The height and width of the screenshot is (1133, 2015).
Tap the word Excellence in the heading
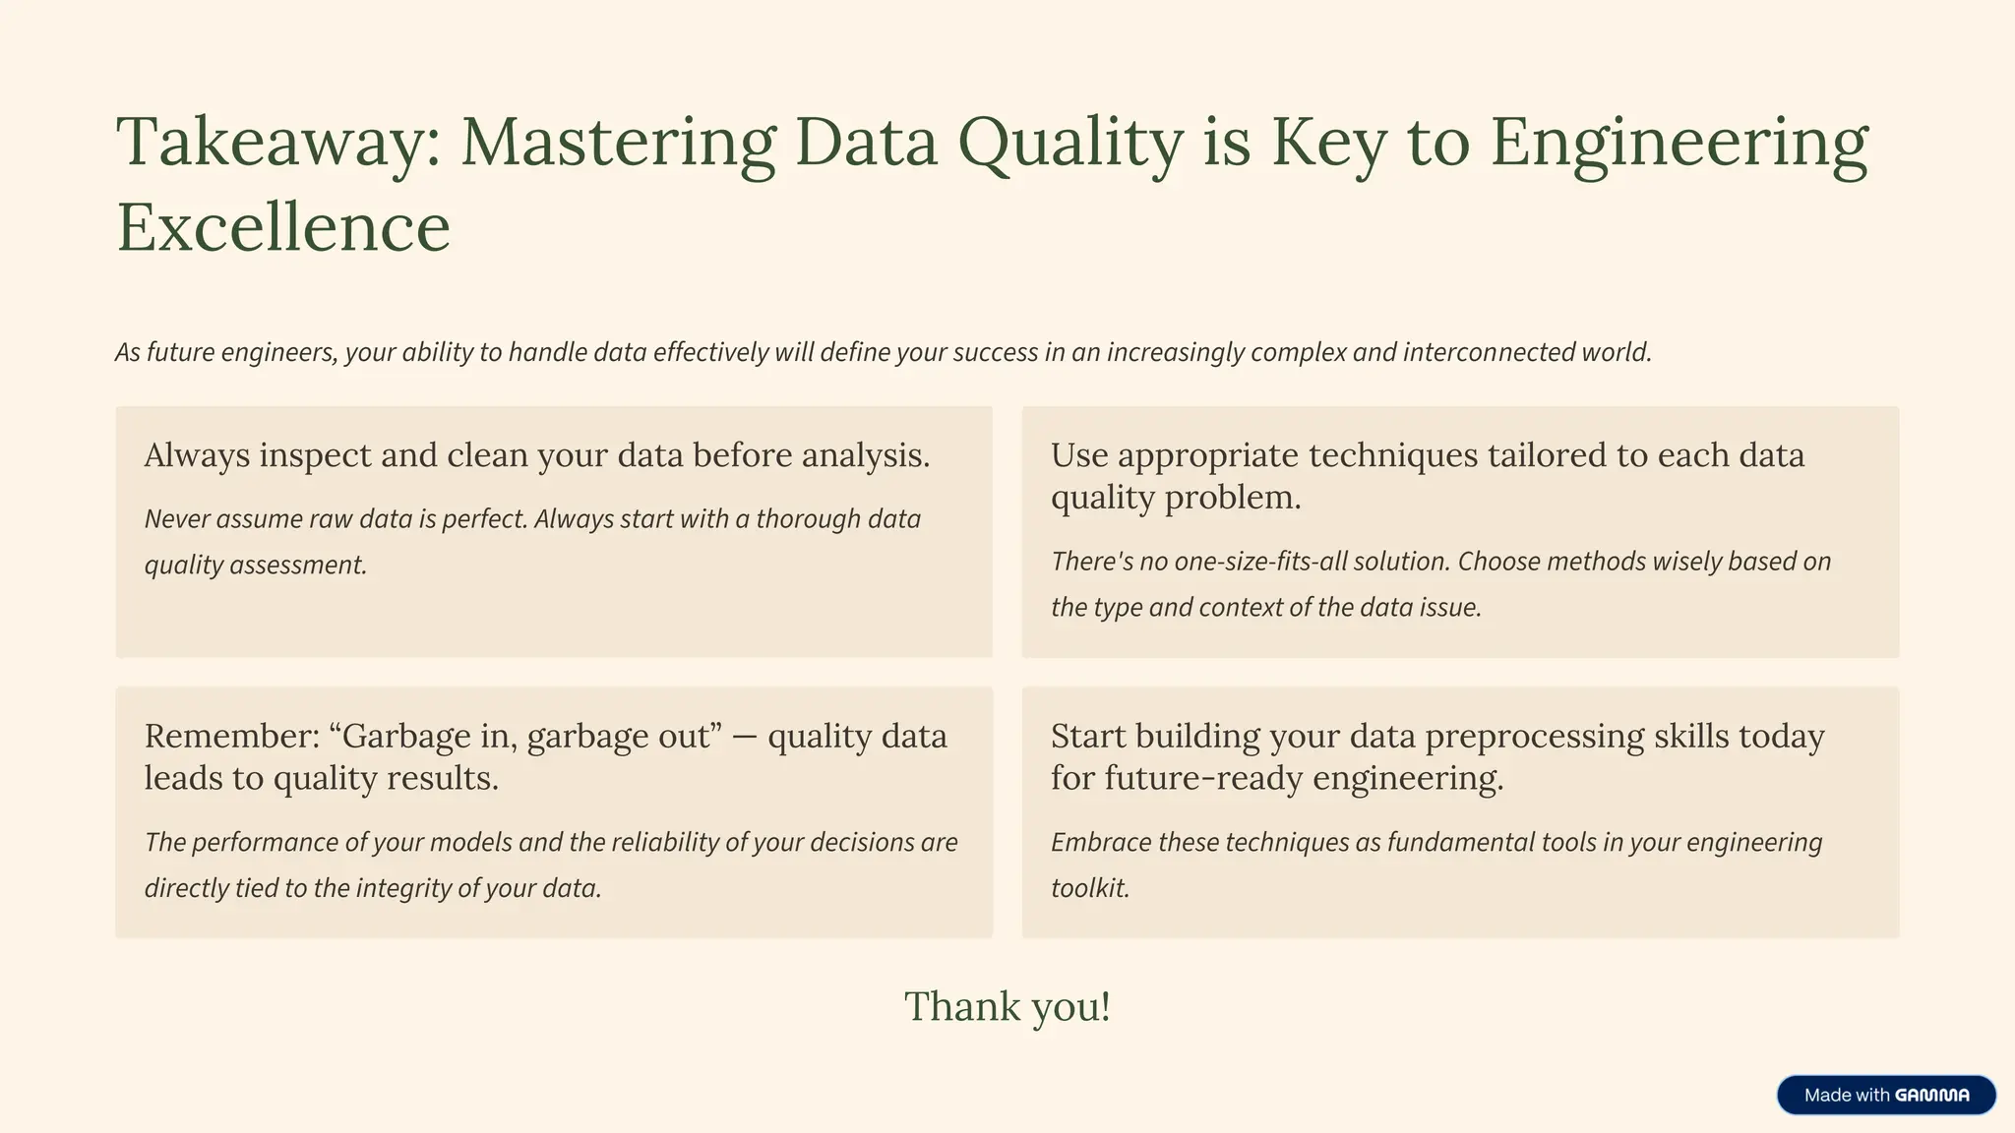(283, 228)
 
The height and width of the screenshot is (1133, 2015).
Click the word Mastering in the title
(618, 144)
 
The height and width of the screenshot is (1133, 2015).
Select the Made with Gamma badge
(1885, 1095)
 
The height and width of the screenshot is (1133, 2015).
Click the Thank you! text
(1007, 1006)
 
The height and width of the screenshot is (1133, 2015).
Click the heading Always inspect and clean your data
(536, 455)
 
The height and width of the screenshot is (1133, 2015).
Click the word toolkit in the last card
(1089, 888)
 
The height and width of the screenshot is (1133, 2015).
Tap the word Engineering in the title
(1679, 144)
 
